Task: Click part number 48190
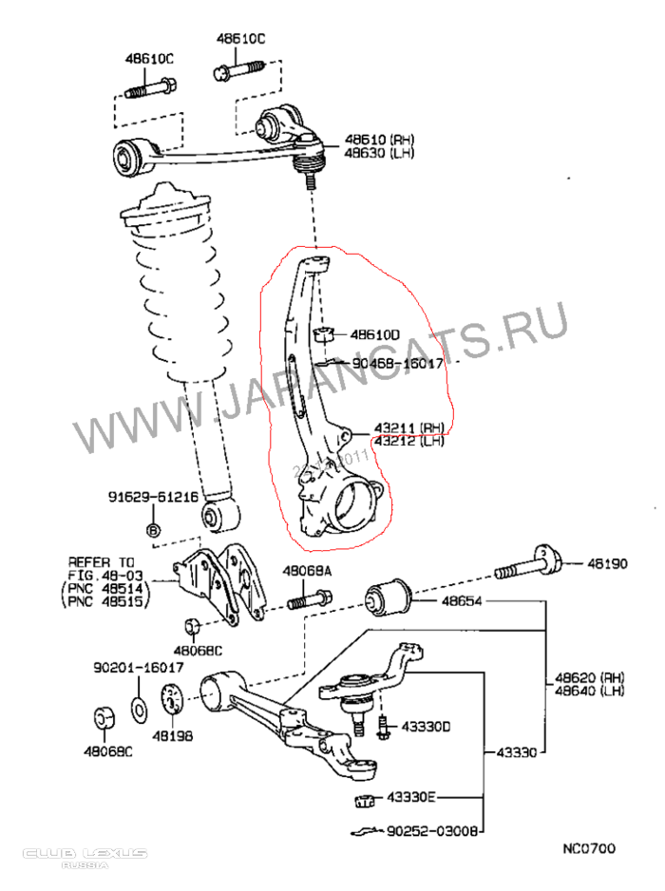coord(606,564)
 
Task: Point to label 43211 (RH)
coord(408,427)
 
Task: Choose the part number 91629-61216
coord(152,497)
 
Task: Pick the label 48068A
coord(306,571)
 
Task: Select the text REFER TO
coord(102,561)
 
